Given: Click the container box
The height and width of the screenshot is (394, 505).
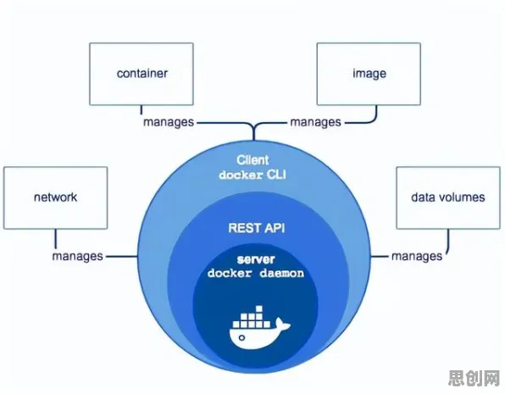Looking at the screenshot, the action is [142, 74].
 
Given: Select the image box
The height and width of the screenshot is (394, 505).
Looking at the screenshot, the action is [369, 74].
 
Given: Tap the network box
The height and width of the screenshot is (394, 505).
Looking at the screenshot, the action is [55, 197].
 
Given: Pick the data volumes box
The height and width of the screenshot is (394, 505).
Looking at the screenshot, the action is [448, 197].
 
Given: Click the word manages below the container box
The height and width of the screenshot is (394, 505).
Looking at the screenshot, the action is [169, 122].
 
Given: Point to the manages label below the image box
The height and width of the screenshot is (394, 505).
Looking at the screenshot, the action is [315, 122].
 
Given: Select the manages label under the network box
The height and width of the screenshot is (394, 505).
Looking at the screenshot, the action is [77, 256].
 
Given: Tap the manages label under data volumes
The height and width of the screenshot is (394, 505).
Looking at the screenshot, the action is [417, 256].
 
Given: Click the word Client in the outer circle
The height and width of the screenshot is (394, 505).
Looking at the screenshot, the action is [252, 160].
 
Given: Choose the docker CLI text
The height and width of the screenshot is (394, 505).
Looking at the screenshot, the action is [252, 175].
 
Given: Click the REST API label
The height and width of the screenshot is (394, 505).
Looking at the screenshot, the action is [257, 228].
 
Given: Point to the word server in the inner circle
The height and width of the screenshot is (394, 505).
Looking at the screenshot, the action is [256, 259].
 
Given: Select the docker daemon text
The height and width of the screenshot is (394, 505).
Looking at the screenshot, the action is [256, 273].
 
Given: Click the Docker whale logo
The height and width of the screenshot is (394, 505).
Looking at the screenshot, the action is [259, 327].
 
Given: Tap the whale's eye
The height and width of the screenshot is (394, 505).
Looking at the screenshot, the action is [241, 337].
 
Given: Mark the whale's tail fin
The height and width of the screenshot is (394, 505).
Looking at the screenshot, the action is [282, 325].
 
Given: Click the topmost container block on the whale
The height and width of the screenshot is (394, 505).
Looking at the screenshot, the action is [259, 309].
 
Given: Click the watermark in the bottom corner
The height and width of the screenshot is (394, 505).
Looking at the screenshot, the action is [474, 378].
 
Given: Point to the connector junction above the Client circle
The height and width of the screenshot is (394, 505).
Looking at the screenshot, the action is [254, 127].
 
